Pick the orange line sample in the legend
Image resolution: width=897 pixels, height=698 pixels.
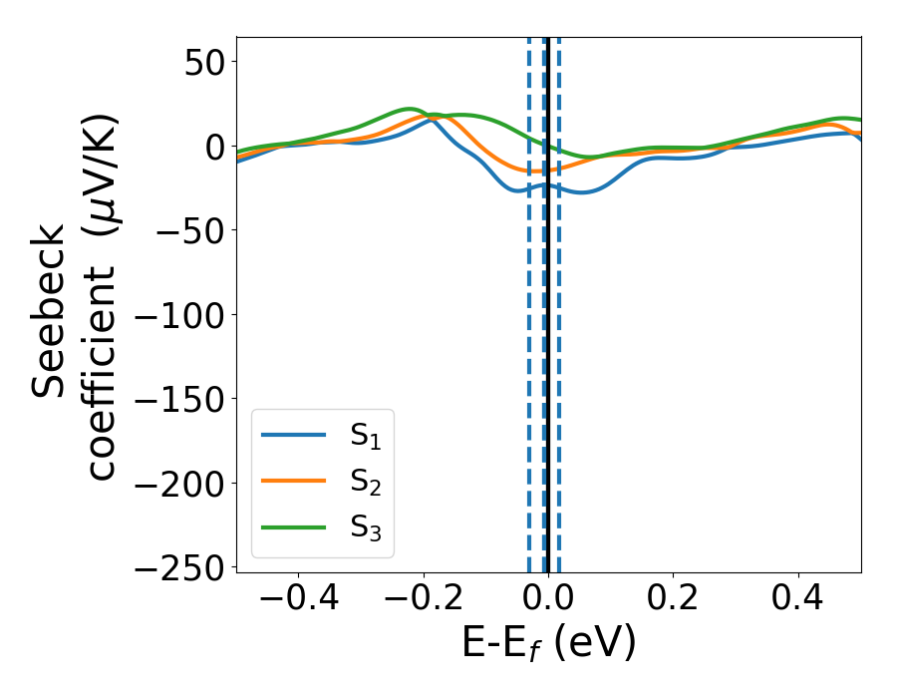click(293, 482)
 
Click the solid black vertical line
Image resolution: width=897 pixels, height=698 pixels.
click(548, 349)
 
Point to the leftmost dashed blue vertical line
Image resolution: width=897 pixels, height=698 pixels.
click(529, 349)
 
